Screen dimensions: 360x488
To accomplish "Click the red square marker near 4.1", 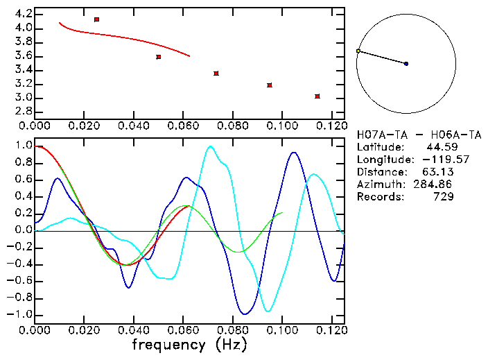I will pos(96,19).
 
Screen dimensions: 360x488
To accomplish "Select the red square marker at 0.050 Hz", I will pos(159,57).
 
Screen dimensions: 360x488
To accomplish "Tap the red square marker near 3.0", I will pos(317,96).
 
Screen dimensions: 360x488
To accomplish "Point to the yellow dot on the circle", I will pos(358,51).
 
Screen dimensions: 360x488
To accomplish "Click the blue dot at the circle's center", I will pos(406,64).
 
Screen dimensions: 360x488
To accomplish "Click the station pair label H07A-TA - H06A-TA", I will pos(419,135).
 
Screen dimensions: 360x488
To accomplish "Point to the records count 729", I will pos(444,197).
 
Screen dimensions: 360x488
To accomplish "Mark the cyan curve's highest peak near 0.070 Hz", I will pos(210,146).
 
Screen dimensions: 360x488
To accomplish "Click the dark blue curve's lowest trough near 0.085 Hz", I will pos(243,314).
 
